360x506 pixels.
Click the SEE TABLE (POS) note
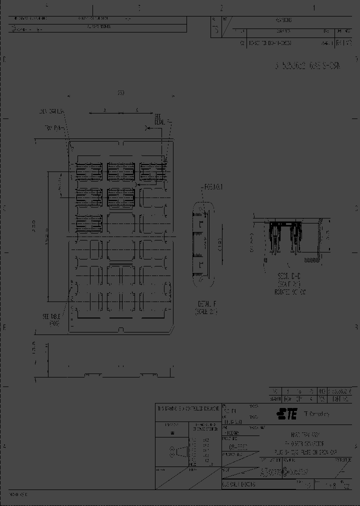click(52, 319)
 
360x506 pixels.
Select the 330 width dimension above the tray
click(121, 93)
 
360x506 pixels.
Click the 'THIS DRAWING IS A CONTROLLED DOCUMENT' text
click(188, 408)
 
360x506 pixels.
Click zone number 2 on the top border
click(221, 7)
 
